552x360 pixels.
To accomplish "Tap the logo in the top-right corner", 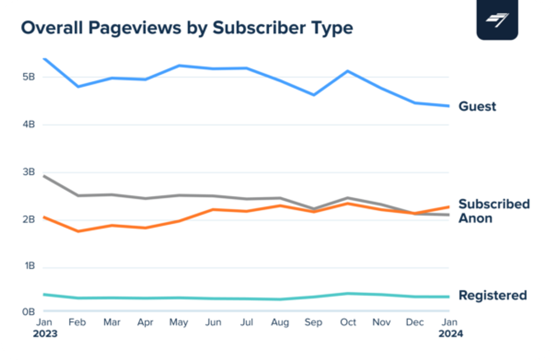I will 497,20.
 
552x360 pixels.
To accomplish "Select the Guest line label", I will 477,106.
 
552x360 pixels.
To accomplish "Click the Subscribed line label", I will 494,203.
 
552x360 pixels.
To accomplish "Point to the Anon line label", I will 475,218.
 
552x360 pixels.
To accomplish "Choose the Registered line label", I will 492,295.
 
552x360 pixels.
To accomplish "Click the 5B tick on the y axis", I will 28,77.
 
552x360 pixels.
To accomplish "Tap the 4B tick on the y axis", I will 28,125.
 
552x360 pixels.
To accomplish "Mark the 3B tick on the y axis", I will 28,172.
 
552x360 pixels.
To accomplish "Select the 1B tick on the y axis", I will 28,266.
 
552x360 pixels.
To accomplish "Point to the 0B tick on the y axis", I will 28,311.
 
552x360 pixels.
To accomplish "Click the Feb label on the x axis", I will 78,322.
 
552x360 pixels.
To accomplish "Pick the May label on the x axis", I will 179,322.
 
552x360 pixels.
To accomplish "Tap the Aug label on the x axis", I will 280,322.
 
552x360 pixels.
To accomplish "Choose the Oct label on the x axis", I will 348,322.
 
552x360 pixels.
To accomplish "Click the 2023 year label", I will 45,334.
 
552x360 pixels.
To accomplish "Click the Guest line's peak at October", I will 348,71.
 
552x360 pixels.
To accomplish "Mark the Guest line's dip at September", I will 314,95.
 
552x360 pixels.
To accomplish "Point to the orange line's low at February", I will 78,231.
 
